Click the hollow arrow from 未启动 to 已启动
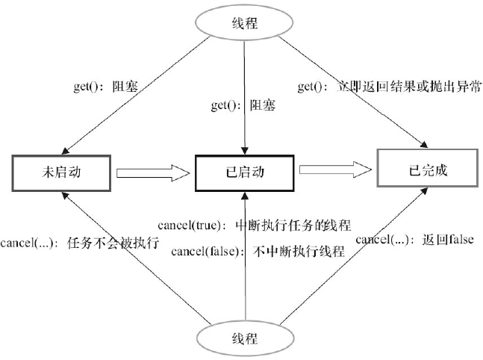pyautogui.click(x=153, y=173)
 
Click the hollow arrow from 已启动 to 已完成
pyautogui.click(x=336, y=170)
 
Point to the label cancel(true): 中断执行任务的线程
pyautogui.click(x=255, y=226)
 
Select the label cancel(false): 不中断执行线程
pyautogui.click(x=258, y=251)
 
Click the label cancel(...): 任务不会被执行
pyautogui.click(x=80, y=243)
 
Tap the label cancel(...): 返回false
pyautogui.click(x=414, y=239)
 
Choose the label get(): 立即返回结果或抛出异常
pyautogui.click(x=389, y=87)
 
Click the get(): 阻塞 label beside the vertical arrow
pyautogui.click(x=243, y=105)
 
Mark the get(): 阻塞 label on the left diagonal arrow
pyautogui.click(x=106, y=87)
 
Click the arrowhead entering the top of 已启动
pyautogui.click(x=245, y=150)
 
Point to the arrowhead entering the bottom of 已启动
pyautogui.click(x=245, y=196)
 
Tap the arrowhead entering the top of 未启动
pyautogui.click(x=65, y=151)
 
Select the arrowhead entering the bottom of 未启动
pyautogui.click(x=66, y=196)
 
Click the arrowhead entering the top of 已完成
pyautogui.click(x=424, y=145)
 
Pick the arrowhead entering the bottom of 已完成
pyautogui.click(x=424, y=191)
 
